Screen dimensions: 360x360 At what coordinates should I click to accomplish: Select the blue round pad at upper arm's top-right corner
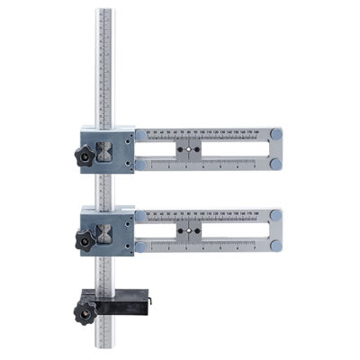[x=276, y=133]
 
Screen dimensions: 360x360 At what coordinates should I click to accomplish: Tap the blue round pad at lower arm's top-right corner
[x=276, y=215]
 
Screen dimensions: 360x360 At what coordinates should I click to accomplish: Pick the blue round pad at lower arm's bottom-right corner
[x=276, y=245]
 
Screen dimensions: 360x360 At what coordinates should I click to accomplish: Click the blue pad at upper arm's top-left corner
[x=141, y=134]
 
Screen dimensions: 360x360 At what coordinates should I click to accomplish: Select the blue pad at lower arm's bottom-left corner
[x=141, y=245]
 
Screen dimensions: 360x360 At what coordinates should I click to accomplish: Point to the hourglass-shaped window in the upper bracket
[x=105, y=149]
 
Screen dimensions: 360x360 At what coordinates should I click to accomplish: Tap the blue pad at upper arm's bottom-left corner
[x=141, y=163]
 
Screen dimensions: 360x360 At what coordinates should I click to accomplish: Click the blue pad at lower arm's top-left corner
[x=141, y=216]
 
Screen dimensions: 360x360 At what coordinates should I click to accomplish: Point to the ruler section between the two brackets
[x=105, y=189]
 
